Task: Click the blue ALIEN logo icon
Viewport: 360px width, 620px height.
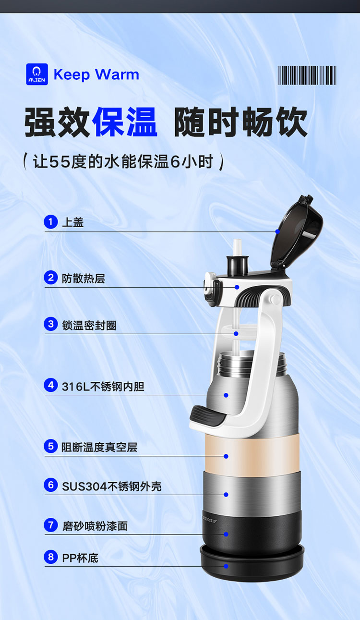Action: pos(37,74)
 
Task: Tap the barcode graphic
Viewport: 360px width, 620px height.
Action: pos(307,75)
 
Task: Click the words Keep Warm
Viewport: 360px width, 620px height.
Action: pos(96,75)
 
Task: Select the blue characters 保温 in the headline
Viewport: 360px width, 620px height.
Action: pos(125,122)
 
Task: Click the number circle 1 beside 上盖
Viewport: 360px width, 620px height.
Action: pos(50,222)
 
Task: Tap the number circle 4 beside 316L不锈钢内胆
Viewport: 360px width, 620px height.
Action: pos(50,385)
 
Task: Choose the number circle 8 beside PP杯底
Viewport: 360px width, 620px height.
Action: pos(50,557)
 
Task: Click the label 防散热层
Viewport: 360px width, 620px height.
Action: pos(84,279)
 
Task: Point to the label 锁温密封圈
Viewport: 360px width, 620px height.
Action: pos(89,325)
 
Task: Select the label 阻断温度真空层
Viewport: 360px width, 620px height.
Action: pos(99,447)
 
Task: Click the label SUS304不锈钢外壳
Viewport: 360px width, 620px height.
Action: pos(111,486)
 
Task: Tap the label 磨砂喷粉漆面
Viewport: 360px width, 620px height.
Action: pos(95,526)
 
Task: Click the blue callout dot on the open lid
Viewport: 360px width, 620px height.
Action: pos(277,231)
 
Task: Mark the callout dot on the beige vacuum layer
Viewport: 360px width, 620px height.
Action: pos(226,456)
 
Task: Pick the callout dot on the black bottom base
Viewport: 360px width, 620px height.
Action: pos(226,566)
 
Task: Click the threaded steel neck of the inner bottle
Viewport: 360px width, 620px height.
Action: pos(252,363)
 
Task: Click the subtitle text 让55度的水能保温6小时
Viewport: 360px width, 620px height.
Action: pos(123,161)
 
